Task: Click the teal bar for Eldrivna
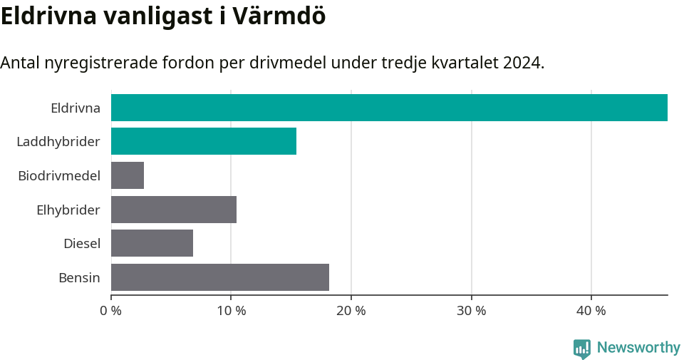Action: pos(389,108)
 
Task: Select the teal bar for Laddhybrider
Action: pos(204,141)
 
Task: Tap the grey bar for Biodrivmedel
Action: pos(128,175)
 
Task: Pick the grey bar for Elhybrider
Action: pos(174,210)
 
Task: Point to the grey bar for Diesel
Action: pos(152,243)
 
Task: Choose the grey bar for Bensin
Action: pos(220,277)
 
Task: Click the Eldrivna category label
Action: pos(76,108)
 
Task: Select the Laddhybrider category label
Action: pos(58,142)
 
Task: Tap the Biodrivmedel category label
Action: pos(59,175)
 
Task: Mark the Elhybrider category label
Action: pos(68,210)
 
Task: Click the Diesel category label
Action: pos(82,244)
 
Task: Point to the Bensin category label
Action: pos(79,277)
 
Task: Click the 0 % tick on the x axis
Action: pos(111,311)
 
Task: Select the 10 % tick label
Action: pos(231,311)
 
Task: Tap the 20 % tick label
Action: pos(351,311)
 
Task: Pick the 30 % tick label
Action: pos(471,311)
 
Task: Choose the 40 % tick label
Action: pos(591,311)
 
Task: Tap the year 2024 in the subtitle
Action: pos(522,63)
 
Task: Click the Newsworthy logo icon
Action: pos(582,349)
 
